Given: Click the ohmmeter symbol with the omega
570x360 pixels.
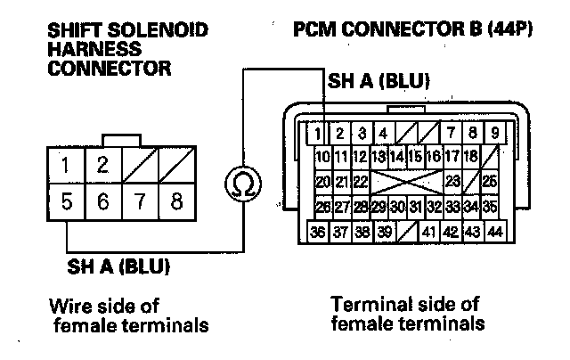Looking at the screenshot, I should pyautogui.click(x=239, y=184).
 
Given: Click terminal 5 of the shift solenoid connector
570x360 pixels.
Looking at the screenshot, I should pyautogui.click(x=67, y=202).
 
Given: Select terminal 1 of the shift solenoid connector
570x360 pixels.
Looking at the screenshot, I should pyautogui.click(x=67, y=166).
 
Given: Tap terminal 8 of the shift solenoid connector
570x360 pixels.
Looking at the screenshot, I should pyautogui.click(x=176, y=202).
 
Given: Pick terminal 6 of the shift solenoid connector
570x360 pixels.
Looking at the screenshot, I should pyautogui.click(x=103, y=202).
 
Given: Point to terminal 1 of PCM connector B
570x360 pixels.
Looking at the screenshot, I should pyautogui.click(x=317, y=135).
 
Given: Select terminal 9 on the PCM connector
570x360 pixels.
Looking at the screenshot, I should pyautogui.click(x=495, y=135).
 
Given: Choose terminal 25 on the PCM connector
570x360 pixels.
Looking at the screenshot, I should pyautogui.click(x=489, y=182).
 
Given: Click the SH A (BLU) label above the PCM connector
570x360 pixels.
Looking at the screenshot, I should pyautogui.click(x=379, y=82).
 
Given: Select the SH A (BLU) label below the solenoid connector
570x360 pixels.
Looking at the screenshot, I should pyautogui.click(x=118, y=266).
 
